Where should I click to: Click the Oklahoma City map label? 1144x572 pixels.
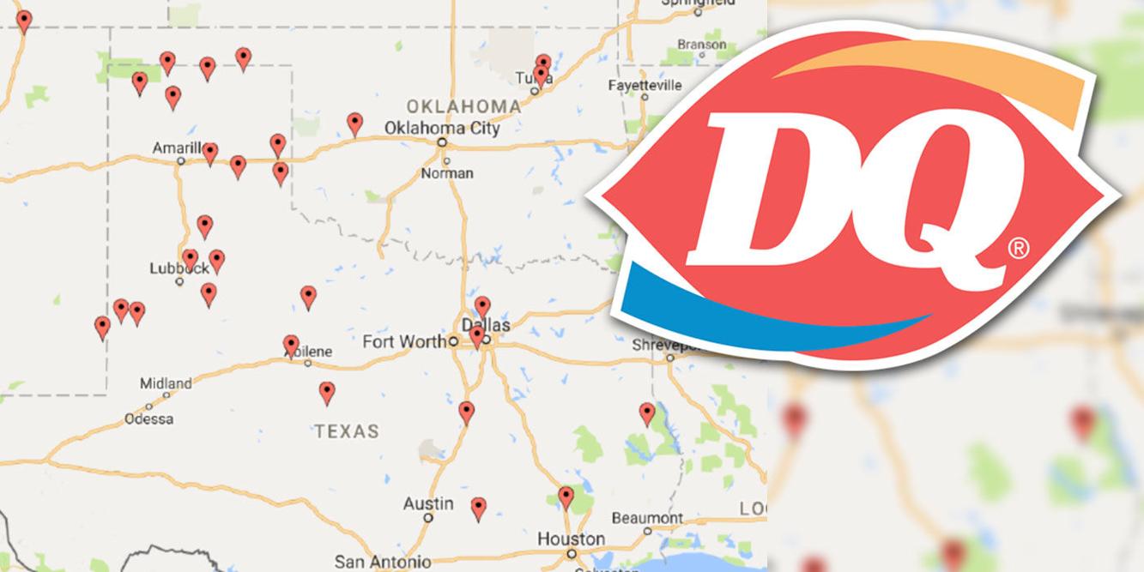tap(442, 128)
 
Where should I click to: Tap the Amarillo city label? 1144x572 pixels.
tap(177, 148)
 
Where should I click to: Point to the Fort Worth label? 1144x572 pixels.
tap(403, 341)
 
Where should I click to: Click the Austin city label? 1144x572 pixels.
tap(428, 503)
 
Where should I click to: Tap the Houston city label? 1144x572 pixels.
tap(571, 539)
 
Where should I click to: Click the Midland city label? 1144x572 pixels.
tap(166, 382)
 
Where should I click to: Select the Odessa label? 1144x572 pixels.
tap(148, 419)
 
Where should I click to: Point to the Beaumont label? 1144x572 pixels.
tap(647, 518)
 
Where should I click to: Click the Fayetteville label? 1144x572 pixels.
tap(645, 86)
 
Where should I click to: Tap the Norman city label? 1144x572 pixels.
tap(446, 173)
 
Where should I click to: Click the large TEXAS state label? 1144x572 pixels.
tap(347, 431)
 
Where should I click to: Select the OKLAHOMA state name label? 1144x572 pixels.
tap(463, 106)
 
